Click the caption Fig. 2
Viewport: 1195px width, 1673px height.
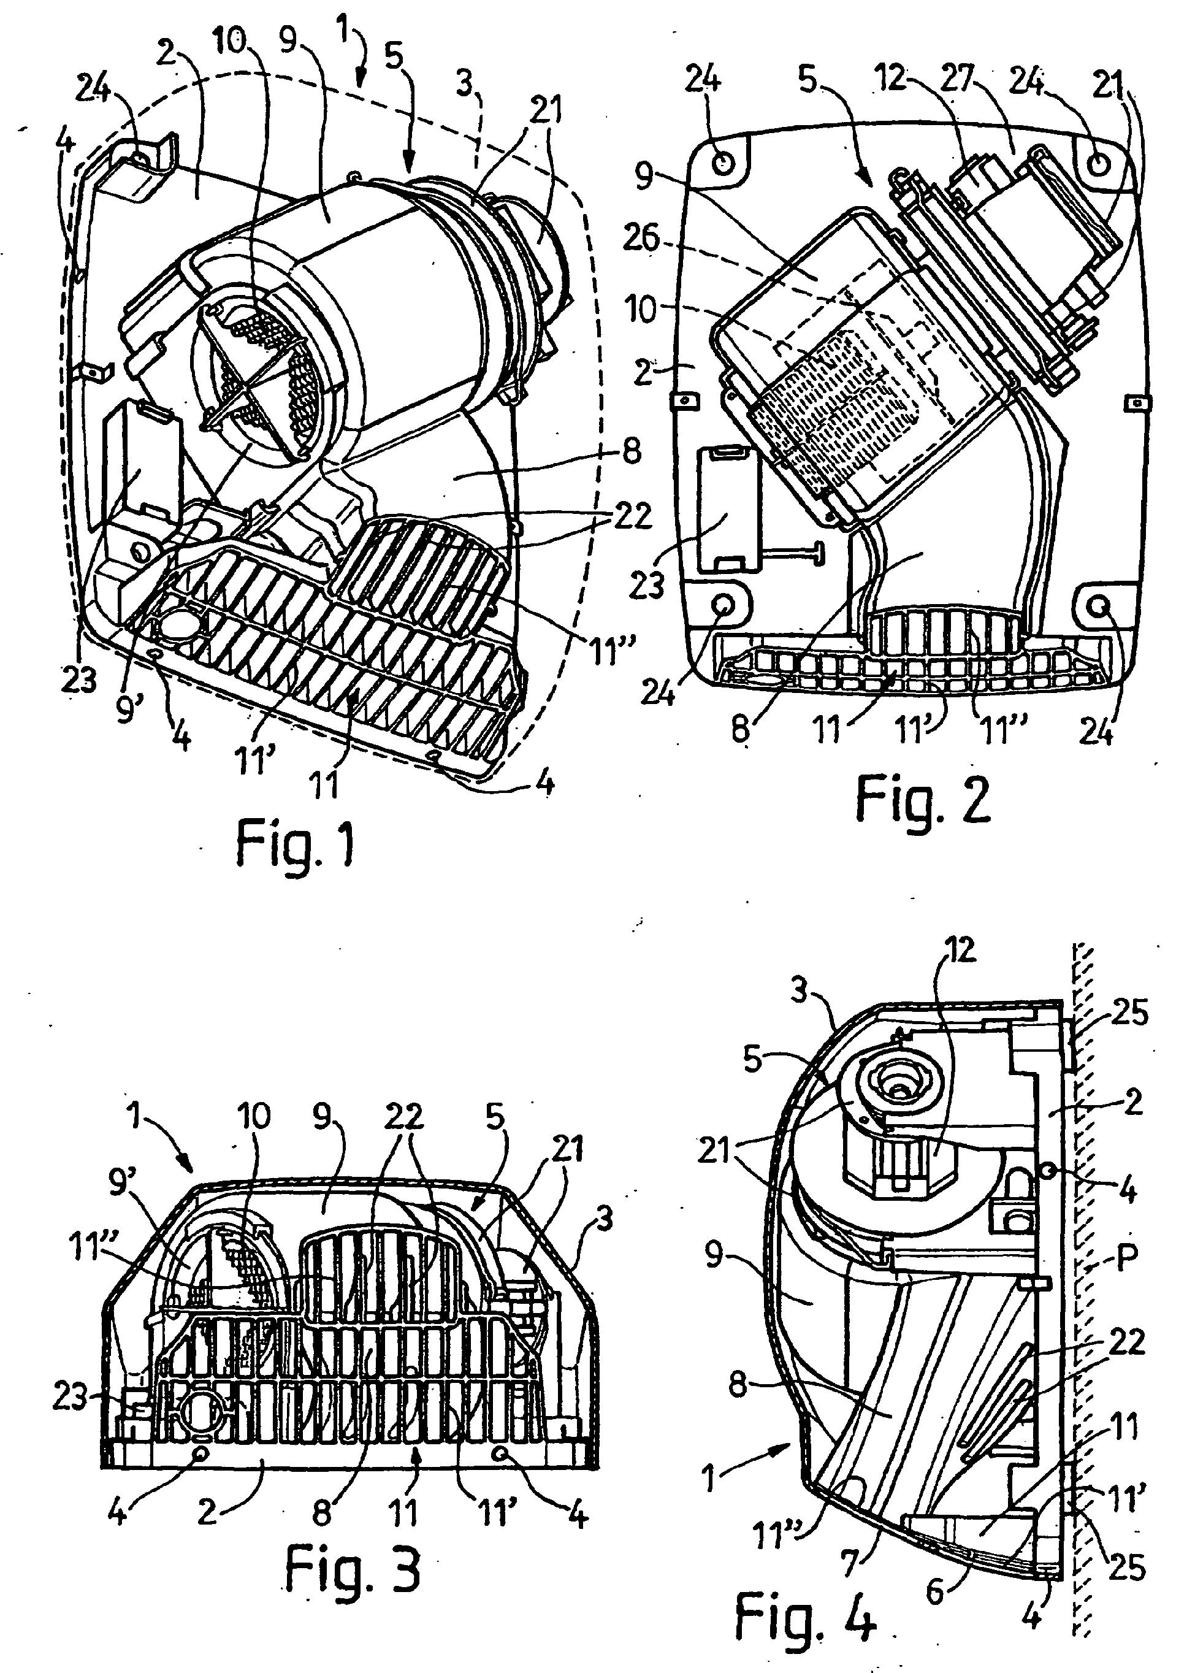[923, 802]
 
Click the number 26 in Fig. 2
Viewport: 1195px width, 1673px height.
[641, 239]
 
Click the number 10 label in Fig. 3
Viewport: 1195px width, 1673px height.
[253, 1117]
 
